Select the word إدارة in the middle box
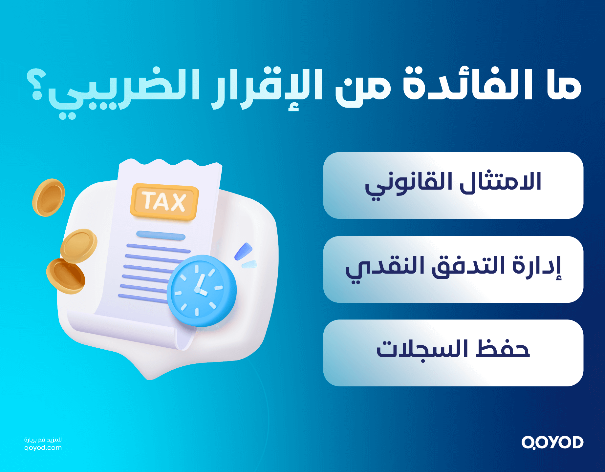[x=536, y=267]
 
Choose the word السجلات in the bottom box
[x=422, y=350]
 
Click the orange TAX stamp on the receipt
[x=164, y=201]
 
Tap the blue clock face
[x=201, y=290]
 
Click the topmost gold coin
[x=49, y=197]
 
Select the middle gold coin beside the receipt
[x=79, y=245]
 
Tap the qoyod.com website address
[x=43, y=448]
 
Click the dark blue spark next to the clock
[x=243, y=251]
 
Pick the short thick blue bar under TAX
[x=161, y=235]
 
